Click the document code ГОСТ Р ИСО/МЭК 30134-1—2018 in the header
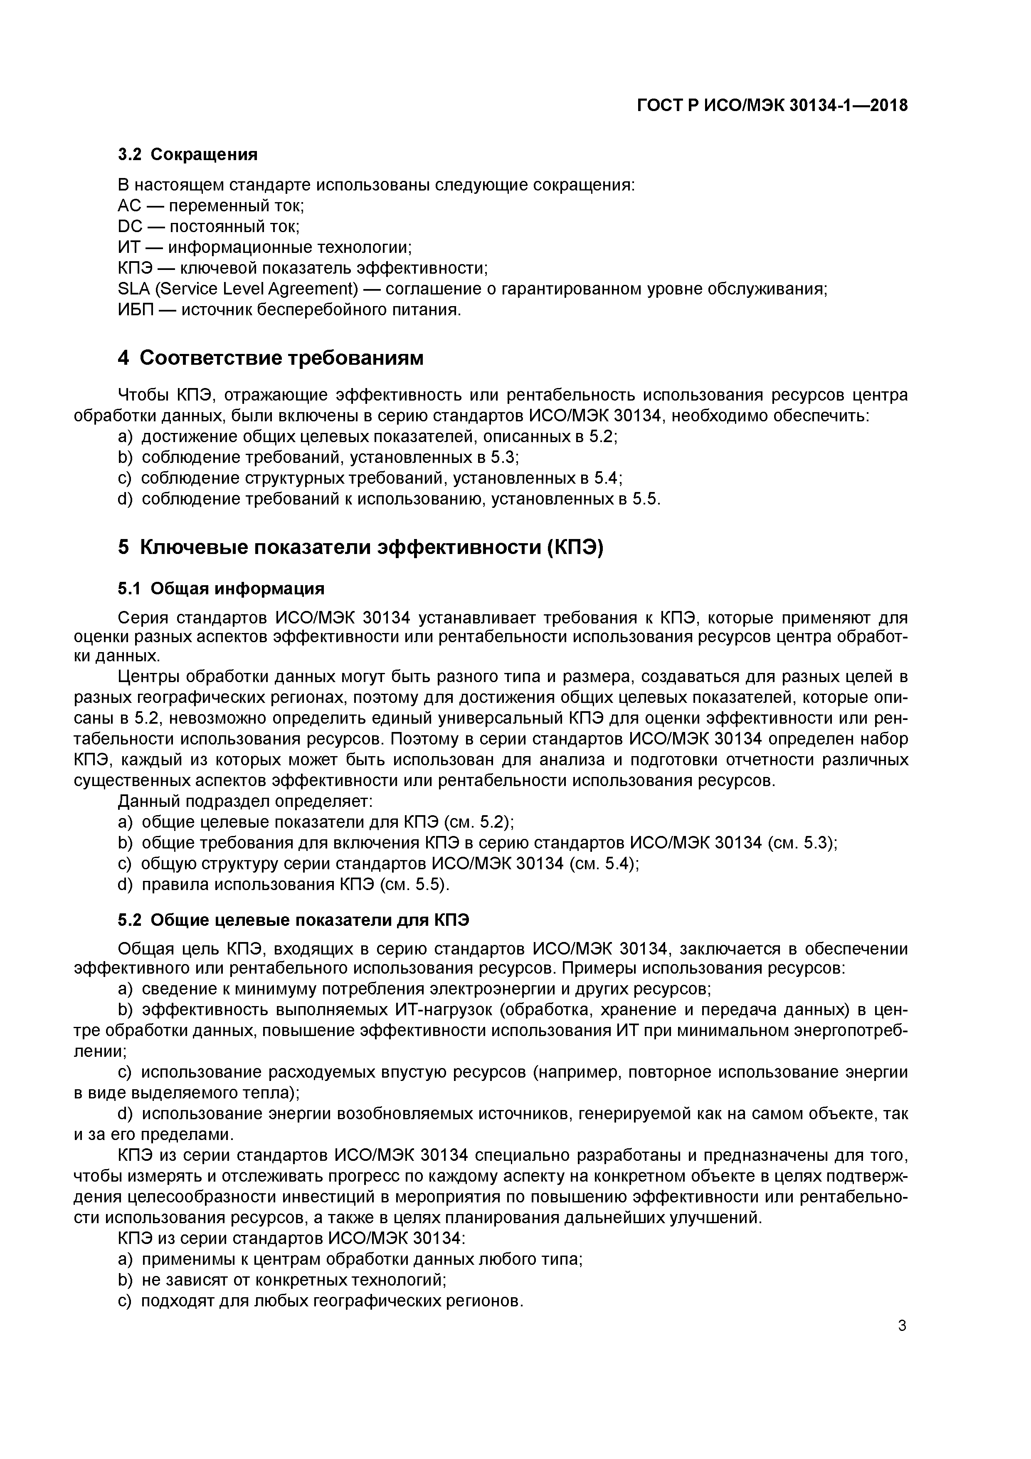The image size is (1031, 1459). click(772, 106)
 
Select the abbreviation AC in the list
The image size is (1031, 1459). click(130, 206)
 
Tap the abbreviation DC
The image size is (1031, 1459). click(130, 227)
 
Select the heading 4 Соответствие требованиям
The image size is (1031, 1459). click(271, 359)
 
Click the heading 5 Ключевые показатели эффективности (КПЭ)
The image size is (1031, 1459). click(360, 547)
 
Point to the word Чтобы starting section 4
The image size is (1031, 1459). click(143, 395)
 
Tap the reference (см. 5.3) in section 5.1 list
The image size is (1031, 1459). click(802, 843)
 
